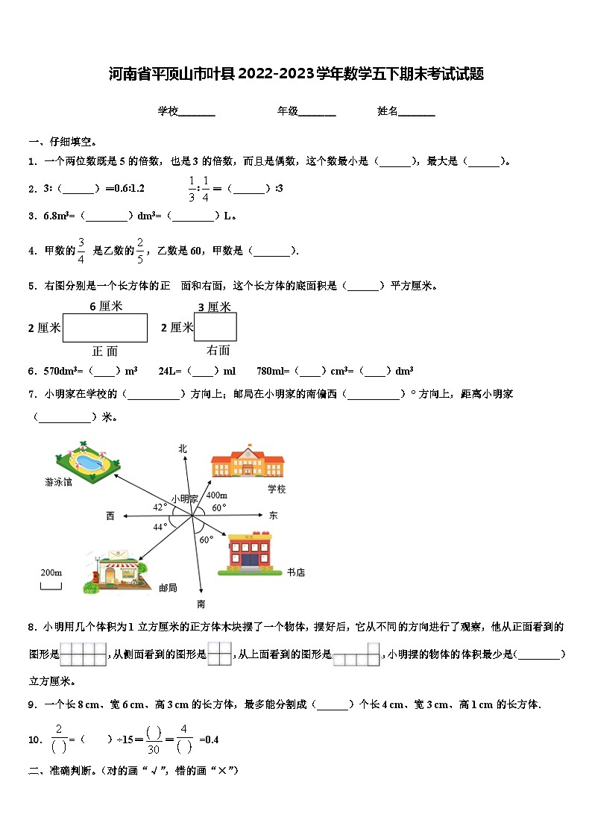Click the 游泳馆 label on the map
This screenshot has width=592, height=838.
coord(57,483)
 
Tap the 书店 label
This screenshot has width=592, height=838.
coord(296,572)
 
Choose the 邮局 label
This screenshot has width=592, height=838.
coord(168,588)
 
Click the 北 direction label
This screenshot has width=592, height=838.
coord(183,448)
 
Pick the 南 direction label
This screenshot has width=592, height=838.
coord(201,604)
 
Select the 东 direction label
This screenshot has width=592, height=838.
coord(273,515)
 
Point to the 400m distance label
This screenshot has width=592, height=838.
coord(216,495)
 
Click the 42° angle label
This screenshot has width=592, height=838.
coord(160,507)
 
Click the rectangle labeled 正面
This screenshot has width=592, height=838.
coord(105,328)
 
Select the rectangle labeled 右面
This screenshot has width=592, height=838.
coord(215,327)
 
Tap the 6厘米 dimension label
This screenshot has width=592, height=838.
coord(106,306)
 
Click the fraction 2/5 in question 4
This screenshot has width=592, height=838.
coord(139,251)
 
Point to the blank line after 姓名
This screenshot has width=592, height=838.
coord(417,112)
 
